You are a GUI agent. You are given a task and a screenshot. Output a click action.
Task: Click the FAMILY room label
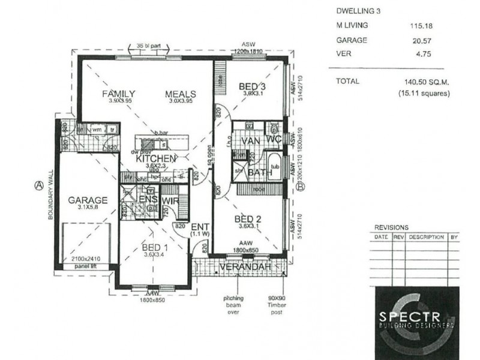point(118,94)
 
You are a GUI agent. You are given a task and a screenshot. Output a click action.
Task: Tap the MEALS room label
point(182,94)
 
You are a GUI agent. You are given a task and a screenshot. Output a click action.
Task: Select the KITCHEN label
point(155,159)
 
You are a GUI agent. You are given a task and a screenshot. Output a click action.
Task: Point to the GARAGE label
point(88,200)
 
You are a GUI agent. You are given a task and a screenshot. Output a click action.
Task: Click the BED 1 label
point(154,247)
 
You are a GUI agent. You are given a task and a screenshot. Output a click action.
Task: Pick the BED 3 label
point(252,85)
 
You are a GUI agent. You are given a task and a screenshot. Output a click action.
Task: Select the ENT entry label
point(200,227)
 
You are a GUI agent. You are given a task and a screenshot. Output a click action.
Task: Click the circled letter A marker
point(38,185)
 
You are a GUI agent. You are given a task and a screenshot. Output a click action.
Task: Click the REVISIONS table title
point(391,228)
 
